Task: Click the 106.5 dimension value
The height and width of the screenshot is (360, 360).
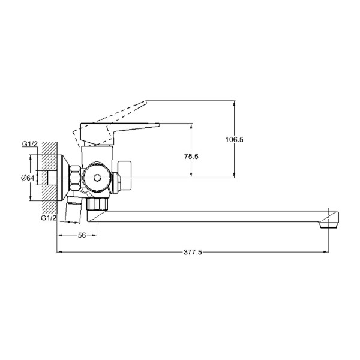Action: [x=234, y=140]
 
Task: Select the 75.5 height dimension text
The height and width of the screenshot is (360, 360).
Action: [x=191, y=157]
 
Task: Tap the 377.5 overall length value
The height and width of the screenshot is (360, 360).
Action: [x=193, y=253]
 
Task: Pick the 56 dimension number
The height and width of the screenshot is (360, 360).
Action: [x=82, y=235]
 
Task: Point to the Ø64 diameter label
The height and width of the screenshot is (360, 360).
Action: [x=28, y=178]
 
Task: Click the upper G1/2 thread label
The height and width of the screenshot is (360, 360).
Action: [x=29, y=144]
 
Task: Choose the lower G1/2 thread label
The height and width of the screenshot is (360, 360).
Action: [x=49, y=218]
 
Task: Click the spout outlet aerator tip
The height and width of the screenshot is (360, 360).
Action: [x=329, y=220]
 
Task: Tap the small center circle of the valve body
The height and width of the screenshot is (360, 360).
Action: [x=97, y=178]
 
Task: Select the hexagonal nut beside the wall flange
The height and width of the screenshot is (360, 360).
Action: [x=75, y=178]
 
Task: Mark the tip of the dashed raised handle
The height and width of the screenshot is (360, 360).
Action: [x=146, y=101]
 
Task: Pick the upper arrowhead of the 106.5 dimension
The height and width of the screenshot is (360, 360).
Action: [x=234, y=103]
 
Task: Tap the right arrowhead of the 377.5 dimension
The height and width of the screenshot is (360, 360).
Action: [x=326, y=252]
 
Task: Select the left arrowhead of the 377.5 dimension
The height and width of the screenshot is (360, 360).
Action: [x=59, y=252]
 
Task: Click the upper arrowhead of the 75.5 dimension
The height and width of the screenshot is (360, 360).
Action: [x=191, y=126]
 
